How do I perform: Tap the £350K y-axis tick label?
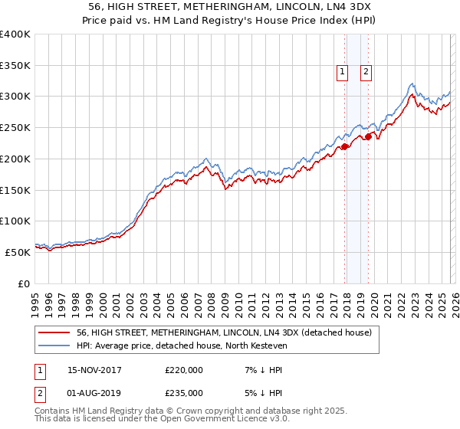(x=15, y=66)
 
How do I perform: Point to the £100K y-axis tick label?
(x=15, y=221)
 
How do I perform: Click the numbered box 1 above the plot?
(x=342, y=73)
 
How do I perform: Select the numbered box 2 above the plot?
(x=366, y=73)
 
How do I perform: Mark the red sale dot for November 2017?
(x=344, y=146)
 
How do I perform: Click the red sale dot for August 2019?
(x=368, y=137)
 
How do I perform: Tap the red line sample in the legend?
(x=55, y=332)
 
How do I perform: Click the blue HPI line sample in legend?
(x=55, y=345)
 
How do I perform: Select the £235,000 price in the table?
(x=184, y=392)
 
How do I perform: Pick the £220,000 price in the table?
(x=184, y=370)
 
